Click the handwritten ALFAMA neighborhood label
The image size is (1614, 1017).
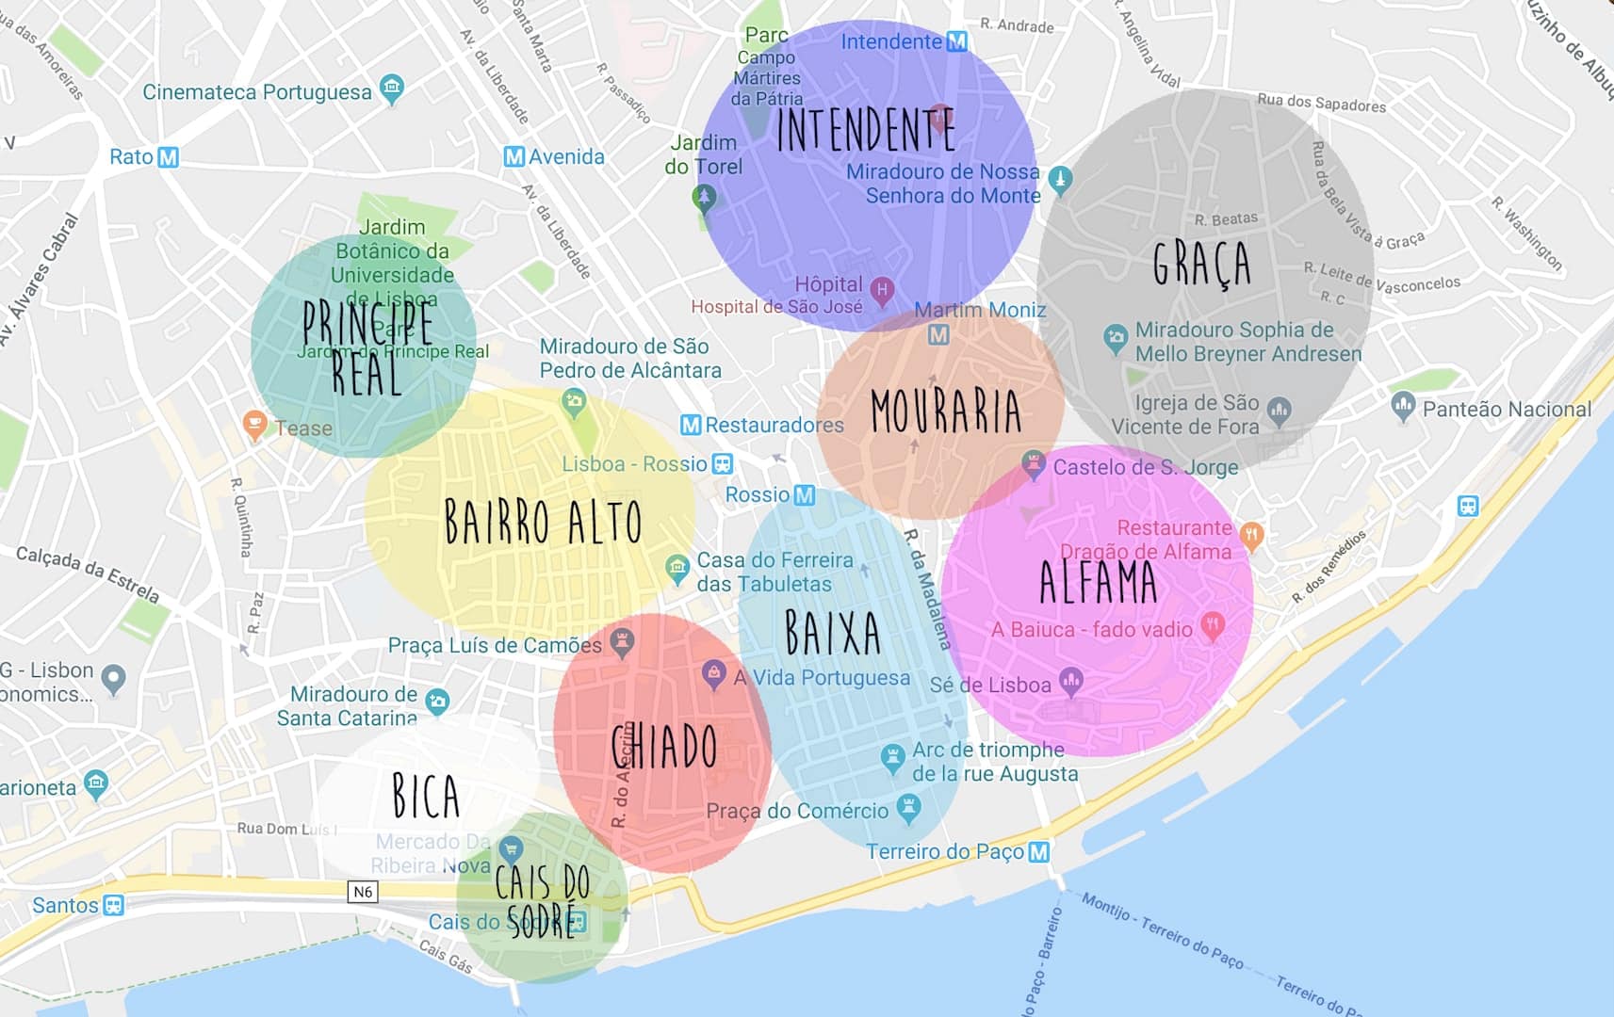point(1098,582)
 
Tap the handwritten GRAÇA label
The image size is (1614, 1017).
point(1201,263)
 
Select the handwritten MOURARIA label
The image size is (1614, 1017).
point(945,412)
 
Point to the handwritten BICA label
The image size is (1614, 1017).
point(426,796)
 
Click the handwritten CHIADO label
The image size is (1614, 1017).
point(664,747)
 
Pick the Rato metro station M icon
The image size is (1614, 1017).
point(168,157)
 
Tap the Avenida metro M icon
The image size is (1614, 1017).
point(514,156)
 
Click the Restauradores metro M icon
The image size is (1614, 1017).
point(691,425)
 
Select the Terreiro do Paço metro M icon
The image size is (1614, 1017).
point(1038,852)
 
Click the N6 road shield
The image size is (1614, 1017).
point(363,891)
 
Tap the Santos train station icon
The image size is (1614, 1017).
point(113,906)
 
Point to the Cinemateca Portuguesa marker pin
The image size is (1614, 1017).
point(392,89)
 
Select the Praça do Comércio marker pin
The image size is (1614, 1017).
point(908,807)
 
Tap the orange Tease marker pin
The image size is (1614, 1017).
point(254,424)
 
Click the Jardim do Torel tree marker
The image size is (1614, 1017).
point(704,198)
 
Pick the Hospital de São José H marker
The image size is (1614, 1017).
point(882,290)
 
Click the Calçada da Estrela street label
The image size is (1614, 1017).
point(88,573)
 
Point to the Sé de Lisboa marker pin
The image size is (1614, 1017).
point(1070,679)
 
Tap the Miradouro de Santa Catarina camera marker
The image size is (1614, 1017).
point(437,701)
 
